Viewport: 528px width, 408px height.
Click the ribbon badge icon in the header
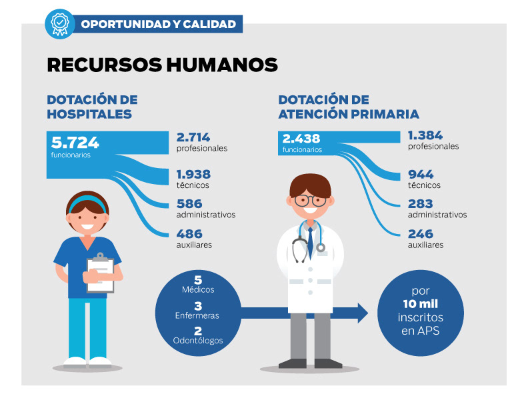(x=59, y=23)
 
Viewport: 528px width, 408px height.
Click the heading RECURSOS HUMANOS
(x=162, y=64)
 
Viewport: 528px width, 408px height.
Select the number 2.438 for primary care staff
(x=301, y=139)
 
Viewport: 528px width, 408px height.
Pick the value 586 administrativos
(x=189, y=204)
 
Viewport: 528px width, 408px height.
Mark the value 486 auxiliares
(x=189, y=234)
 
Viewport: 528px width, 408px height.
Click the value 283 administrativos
(x=421, y=204)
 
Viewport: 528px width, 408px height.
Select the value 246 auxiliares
(x=421, y=234)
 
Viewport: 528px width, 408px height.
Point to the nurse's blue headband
(x=87, y=200)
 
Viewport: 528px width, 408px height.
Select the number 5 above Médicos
(x=198, y=280)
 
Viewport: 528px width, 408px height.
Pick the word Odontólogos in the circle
(x=198, y=341)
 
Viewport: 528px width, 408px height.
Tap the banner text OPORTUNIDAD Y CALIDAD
(x=158, y=24)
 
